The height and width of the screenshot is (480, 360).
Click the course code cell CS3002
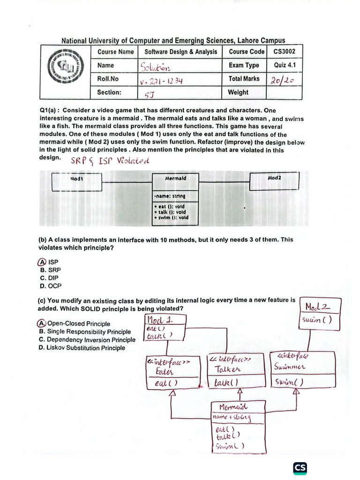(285, 52)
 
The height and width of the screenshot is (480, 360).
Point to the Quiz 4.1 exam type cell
(285, 66)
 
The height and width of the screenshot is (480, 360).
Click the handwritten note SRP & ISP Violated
(110, 161)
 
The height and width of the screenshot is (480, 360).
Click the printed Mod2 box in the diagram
(274, 181)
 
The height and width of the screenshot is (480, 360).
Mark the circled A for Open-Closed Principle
(42, 323)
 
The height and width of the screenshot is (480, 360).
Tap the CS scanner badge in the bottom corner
(300, 468)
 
